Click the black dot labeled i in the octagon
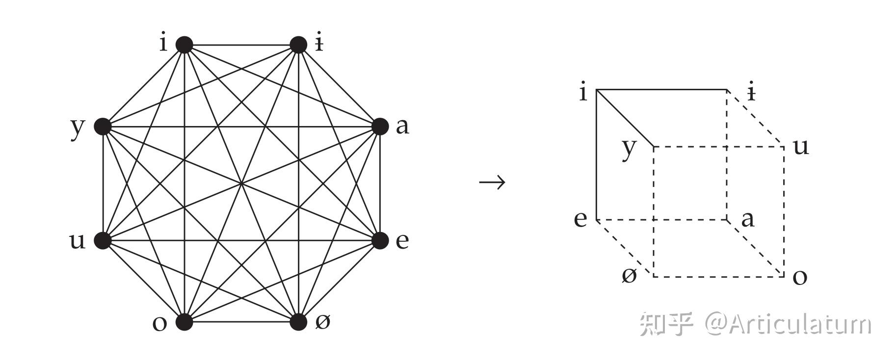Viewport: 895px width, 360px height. (x=184, y=45)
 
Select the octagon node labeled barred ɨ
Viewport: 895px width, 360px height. (x=298, y=45)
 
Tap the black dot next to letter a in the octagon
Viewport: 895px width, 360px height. (x=380, y=127)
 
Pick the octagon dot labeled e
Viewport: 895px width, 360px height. (x=380, y=240)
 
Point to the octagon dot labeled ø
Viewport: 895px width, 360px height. (x=298, y=322)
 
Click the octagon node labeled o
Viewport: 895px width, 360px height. (x=184, y=322)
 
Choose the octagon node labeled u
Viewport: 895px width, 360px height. (x=103, y=240)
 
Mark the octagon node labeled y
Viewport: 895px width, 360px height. (x=103, y=127)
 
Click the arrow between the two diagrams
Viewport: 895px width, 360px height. (x=492, y=182)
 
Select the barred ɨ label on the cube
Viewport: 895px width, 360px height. (x=751, y=92)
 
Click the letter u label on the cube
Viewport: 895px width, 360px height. (x=801, y=146)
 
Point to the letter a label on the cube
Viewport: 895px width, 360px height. (x=747, y=219)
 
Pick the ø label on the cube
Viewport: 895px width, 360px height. (x=629, y=276)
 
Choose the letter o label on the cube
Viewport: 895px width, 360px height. (x=800, y=277)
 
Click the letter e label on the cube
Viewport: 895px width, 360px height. (x=580, y=219)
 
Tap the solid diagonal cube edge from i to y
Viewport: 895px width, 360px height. (x=625, y=118)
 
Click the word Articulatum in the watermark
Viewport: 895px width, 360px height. (x=800, y=324)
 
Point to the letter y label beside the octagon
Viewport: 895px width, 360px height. (x=78, y=128)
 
